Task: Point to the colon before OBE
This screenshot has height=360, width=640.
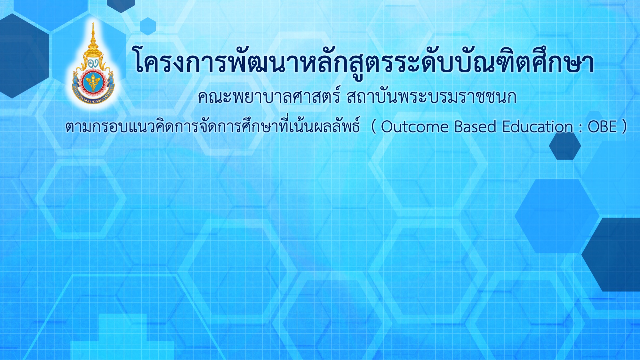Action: tap(580, 128)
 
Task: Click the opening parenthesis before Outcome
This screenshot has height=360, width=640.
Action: tap(373, 127)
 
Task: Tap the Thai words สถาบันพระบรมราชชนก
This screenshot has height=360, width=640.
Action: tap(431, 97)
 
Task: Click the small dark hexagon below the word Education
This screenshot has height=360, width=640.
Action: tap(565, 146)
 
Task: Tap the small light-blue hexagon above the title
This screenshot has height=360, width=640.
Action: tap(148, 26)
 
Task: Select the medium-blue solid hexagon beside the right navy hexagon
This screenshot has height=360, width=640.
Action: tap(557, 216)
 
